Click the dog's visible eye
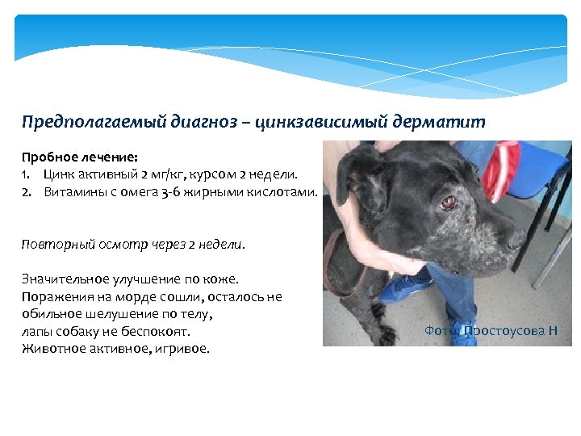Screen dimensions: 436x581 pyautogui.click(x=446, y=202)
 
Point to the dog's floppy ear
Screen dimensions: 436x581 pyautogui.click(x=354, y=174)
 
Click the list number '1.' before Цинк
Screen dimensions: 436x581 pyautogui.click(x=26, y=174)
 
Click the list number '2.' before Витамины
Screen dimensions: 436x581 pyautogui.click(x=27, y=191)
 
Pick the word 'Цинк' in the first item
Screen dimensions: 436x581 pyautogui.click(x=61, y=174)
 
